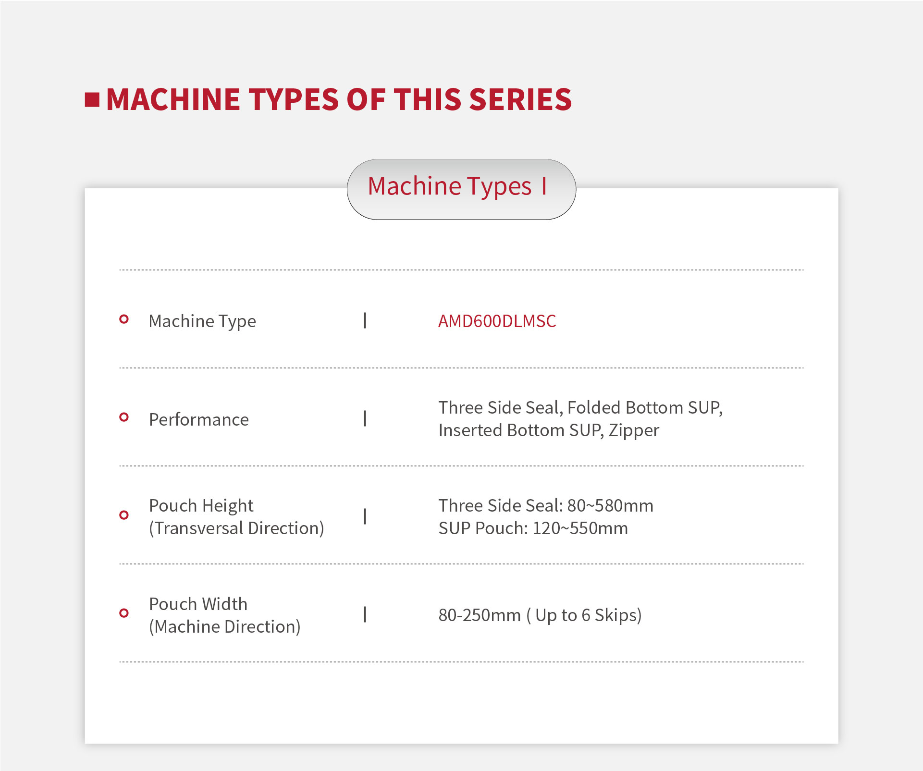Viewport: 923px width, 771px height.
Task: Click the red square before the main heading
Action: (x=92, y=100)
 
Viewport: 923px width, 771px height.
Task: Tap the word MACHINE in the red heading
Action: (x=173, y=100)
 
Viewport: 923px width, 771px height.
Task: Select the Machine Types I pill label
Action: (x=457, y=186)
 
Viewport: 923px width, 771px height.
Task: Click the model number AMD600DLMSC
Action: (x=497, y=321)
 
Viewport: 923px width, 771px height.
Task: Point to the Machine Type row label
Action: (x=202, y=321)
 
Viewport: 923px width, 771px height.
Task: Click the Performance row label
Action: (x=199, y=419)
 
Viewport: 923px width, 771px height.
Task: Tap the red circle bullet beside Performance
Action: (x=124, y=417)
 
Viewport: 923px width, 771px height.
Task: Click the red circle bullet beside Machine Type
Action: (x=124, y=319)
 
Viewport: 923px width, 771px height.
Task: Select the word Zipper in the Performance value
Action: (x=634, y=431)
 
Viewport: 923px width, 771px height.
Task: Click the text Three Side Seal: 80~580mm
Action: (x=546, y=505)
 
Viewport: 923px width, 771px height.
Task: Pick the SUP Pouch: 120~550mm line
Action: (x=533, y=528)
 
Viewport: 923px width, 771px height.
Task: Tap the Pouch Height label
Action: (x=201, y=506)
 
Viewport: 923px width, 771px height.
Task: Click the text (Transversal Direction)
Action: (x=236, y=528)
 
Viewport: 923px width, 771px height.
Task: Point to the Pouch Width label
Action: (x=198, y=604)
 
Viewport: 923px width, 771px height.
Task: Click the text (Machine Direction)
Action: (x=225, y=627)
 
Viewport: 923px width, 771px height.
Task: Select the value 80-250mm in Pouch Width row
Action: (x=480, y=615)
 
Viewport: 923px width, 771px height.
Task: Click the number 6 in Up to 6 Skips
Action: (x=586, y=615)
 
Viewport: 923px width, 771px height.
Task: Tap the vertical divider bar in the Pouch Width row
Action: (x=365, y=614)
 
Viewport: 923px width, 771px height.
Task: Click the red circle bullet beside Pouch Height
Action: (x=124, y=515)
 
